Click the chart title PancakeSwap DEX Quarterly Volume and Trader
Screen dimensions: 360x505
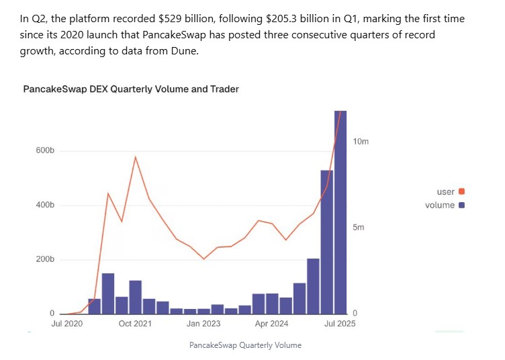pyautogui.click(x=131, y=89)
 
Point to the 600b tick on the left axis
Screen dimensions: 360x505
pyautogui.click(x=45, y=150)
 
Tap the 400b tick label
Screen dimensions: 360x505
pyautogui.click(x=45, y=205)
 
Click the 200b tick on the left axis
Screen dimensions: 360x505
pyautogui.click(x=45, y=259)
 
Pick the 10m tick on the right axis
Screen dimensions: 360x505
pyautogui.click(x=361, y=142)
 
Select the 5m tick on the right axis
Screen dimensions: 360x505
pyautogui.click(x=359, y=228)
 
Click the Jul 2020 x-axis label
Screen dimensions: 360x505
pyautogui.click(x=67, y=324)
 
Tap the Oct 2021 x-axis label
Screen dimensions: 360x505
pyautogui.click(x=135, y=324)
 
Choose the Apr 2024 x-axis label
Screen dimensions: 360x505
pyautogui.click(x=271, y=324)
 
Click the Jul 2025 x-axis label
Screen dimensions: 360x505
pyautogui.click(x=340, y=324)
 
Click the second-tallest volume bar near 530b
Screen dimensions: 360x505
pyautogui.click(x=327, y=242)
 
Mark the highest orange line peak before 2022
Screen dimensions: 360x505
pyautogui.click(x=135, y=157)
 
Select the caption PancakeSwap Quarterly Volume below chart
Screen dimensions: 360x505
pyautogui.click(x=246, y=345)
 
